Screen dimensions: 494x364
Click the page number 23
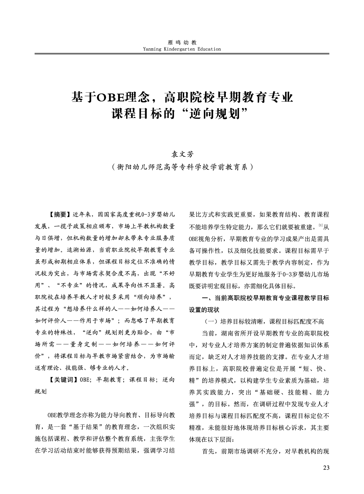(325, 468)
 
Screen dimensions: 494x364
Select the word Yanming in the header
(153, 49)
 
